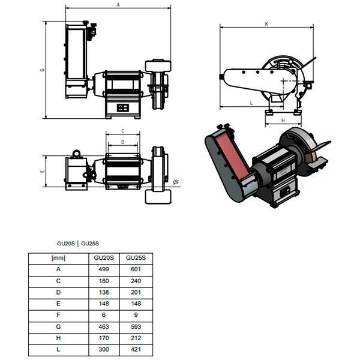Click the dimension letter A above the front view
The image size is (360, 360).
point(118,5)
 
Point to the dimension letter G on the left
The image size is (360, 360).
point(43,70)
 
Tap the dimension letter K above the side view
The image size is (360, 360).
point(266,24)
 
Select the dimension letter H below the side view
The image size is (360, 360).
point(283,121)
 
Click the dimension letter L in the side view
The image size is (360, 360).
point(251,103)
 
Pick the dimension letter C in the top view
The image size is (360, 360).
point(123,131)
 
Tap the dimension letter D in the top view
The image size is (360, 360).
point(123,142)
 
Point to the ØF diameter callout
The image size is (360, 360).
point(176,182)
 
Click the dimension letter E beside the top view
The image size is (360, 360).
point(43,171)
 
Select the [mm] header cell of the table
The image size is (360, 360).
point(59,258)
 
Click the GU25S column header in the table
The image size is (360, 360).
point(136,258)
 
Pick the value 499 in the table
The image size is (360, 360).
point(104,269)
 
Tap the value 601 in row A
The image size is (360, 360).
point(136,269)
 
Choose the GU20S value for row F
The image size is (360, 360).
point(104,315)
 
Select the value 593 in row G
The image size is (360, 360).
point(136,326)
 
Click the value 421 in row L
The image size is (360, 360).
point(136,349)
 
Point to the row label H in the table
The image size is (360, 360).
point(58,338)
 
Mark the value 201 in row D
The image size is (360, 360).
point(136,292)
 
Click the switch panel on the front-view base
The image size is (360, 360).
point(123,107)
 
